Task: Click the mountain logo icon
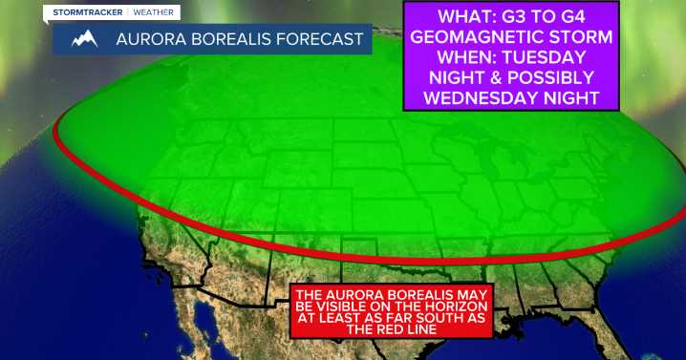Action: pyautogui.click(x=85, y=39)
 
